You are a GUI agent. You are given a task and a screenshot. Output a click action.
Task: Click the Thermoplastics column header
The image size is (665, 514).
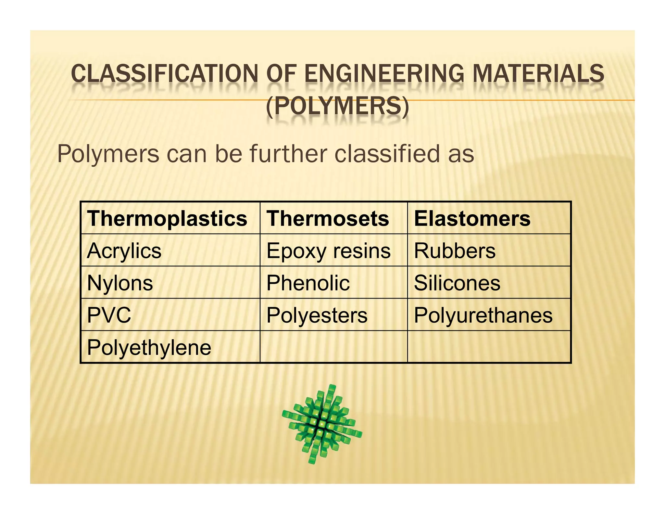tap(167, 218)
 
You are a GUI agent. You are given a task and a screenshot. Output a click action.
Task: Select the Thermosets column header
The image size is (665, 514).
tap(328, 218)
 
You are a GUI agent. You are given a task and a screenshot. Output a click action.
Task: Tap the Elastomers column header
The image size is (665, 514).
tap(472, 218)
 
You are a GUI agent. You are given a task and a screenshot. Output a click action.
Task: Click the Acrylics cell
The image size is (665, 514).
tap(124, 251)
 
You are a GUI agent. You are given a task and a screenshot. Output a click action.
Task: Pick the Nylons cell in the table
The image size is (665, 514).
tap(120, 283)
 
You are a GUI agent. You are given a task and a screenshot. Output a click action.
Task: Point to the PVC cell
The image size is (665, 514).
tap(109, 315)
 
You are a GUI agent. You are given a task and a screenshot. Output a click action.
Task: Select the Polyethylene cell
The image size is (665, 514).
tap(149, 347)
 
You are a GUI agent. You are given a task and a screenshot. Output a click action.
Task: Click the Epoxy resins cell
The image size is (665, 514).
tap(328, 251)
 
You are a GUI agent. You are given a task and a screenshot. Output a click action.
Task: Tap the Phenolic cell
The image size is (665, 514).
tap(308, 283)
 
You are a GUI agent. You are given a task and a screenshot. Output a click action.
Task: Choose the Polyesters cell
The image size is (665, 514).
tap(317, 315)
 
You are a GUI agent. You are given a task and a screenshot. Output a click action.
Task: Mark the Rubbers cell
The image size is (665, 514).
tap(455, 251)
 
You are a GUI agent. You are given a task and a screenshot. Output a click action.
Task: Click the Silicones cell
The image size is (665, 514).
tap(457, 283)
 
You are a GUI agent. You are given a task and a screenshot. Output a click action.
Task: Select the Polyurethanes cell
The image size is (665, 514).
tap(483, 315)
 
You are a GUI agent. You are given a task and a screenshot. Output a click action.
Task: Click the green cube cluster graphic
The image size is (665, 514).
tap(321, 424)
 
